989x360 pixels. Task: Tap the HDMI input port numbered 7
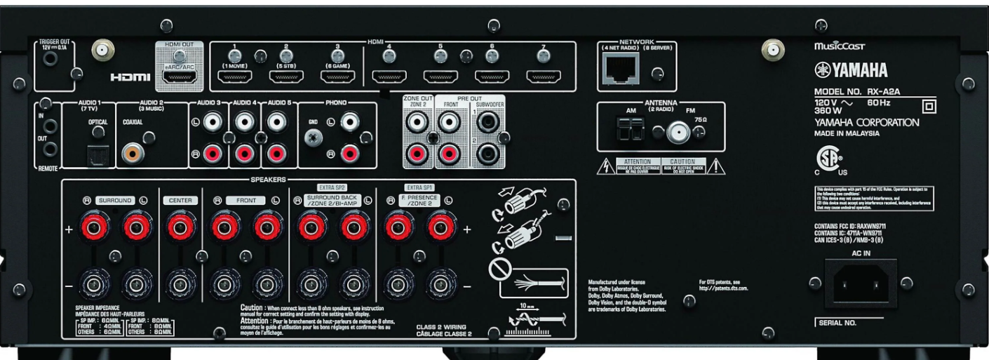[541, 77]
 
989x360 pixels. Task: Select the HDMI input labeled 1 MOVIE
[234, 77]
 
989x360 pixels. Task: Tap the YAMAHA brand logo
[850, 69]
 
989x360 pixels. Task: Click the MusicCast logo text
[839, 46]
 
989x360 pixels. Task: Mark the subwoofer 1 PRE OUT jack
[486, 124]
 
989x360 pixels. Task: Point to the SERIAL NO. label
[837, 323]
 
